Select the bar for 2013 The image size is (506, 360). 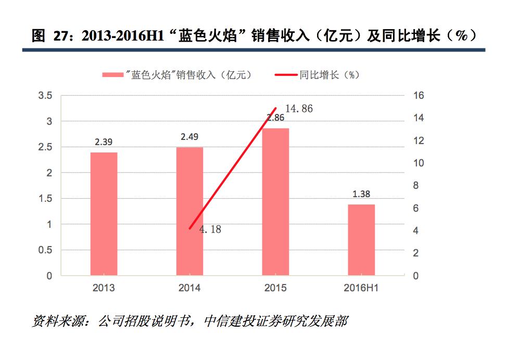[x=104, y=214]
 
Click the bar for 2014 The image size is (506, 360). [x=189, y=211]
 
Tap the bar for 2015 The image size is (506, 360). [x=275, y=202]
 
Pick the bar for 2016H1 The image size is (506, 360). [x=361, y=240]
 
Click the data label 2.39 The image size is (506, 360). [x=104, y=142]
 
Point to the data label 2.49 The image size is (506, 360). [x=189, y=137]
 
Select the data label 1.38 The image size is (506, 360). [x=361, y=194]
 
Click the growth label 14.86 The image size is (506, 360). [x=299, y=109]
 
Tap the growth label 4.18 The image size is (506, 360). [x=210, y=229]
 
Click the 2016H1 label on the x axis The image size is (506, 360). [x=361, y=288]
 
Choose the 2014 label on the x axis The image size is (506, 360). [x=189, y=288]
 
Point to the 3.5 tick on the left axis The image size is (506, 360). [x=46, y=96]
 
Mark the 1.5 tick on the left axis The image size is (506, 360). [x=46, y=199]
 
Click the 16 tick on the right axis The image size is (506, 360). [x=419, y=96]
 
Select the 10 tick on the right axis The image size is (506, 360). [x=419, y=163]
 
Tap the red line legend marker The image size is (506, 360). [x=286, y=75]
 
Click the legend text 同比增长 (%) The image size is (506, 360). [x=329, y=75]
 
